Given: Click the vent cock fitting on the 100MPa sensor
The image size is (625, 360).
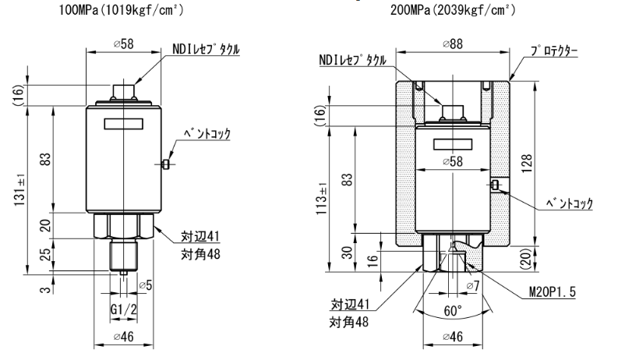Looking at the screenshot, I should point(165,164).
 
